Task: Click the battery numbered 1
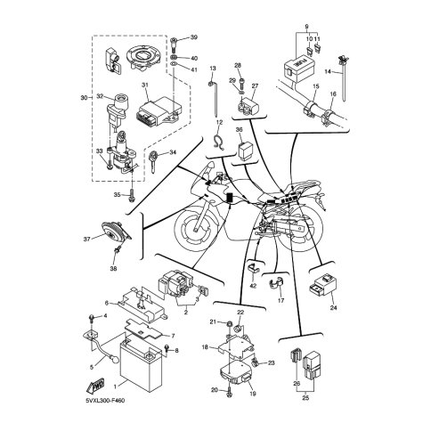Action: [140, 366]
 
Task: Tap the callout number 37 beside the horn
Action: [86, 240]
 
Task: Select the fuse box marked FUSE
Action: [298, 70]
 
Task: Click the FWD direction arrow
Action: [95, 386]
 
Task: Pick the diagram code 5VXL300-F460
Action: [105, 401]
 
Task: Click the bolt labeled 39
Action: [175, 44]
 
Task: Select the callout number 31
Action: [144, 85]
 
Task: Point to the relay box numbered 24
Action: [324, 285]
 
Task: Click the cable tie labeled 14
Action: [343, 78]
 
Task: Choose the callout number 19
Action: [253, 394]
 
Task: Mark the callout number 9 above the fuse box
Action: [306, 27]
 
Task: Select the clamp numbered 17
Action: [276, 284]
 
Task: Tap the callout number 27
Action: [255, 86]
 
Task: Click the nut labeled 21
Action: [230, 323]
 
